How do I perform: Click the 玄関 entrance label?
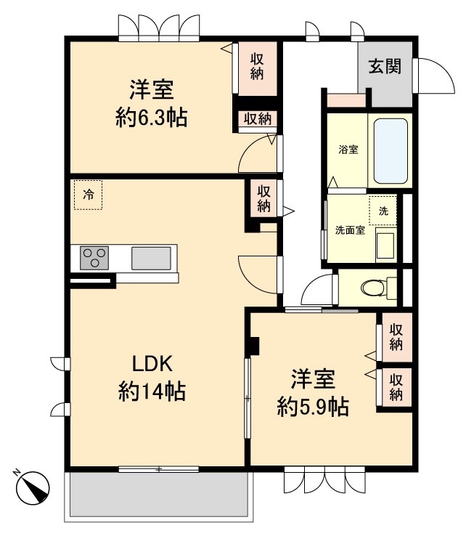(385, 66)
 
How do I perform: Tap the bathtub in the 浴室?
(390, 150)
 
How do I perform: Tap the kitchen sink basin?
(152, 258)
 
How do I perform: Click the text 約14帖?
(152, 393)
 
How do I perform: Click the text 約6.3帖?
(152, 118)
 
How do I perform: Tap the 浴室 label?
(348, 150)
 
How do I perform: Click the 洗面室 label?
(350, 231)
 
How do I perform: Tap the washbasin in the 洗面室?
(385, 243)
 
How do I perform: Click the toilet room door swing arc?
(314, 293)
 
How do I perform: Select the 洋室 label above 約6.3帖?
(152, 91)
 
